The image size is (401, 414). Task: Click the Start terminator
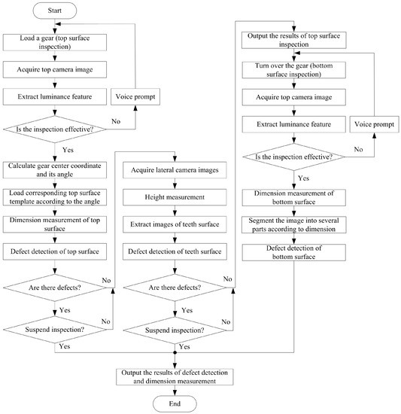point(55,11)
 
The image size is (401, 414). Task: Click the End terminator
point(175,403)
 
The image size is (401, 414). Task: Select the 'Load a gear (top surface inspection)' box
point(55,42)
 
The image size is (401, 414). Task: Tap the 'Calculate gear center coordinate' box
point(55,170)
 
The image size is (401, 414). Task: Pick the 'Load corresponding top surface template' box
point(55,197)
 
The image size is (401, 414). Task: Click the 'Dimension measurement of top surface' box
point(55,224)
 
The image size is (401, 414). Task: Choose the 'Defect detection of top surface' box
point(55,251)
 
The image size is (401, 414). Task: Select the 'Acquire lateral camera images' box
point(175,170)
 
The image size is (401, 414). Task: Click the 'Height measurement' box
point(175,197)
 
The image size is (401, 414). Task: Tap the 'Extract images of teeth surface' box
point(175,224)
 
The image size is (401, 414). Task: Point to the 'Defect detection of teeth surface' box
point(175,251)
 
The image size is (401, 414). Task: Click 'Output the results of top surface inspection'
point(294,40)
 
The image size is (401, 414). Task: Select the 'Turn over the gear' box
point(294,70)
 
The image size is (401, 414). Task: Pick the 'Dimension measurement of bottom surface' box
point(294,197)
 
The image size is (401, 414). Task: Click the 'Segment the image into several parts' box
point(294,225)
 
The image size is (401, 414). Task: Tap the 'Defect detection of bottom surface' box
point(294,252)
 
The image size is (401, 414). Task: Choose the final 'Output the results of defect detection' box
point(175,377)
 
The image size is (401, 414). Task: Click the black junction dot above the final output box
point(175,352)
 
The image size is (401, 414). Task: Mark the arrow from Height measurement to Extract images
point(175,211)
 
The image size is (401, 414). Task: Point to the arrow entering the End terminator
point(175,390)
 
